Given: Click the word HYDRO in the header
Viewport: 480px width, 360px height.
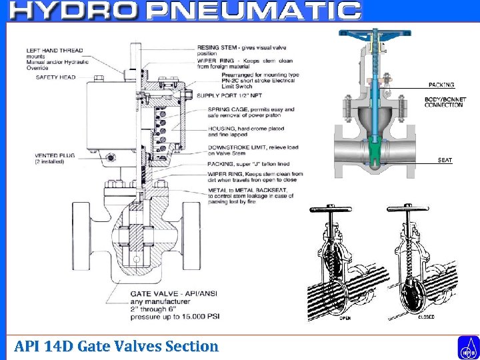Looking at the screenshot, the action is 74,11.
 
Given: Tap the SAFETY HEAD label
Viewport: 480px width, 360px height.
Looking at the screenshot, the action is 55,77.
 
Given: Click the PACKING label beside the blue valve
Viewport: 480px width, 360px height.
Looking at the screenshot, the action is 441,85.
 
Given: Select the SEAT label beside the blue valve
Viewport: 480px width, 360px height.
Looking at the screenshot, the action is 445,160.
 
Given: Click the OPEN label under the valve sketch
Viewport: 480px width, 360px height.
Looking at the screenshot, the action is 346,318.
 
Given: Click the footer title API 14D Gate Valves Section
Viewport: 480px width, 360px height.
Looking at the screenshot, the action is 116,346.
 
